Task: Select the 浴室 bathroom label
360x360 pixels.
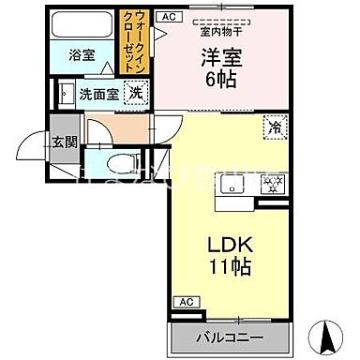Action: pos(82,55)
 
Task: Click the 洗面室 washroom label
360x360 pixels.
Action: pos(97,94)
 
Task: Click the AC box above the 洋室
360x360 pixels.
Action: pos(169,17)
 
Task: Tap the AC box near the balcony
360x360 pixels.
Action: pos(185,302)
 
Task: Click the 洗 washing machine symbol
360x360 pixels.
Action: pos(136,93)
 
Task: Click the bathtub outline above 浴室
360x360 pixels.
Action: pos(82,24)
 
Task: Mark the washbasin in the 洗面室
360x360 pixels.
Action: pos(66,94)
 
